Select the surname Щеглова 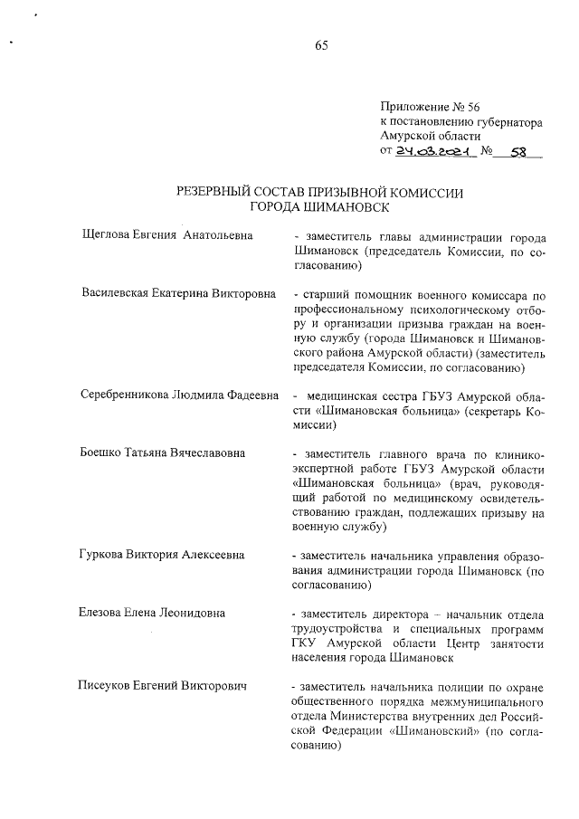[107, 234]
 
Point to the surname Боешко [101, 452]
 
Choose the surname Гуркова [103, 555]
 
